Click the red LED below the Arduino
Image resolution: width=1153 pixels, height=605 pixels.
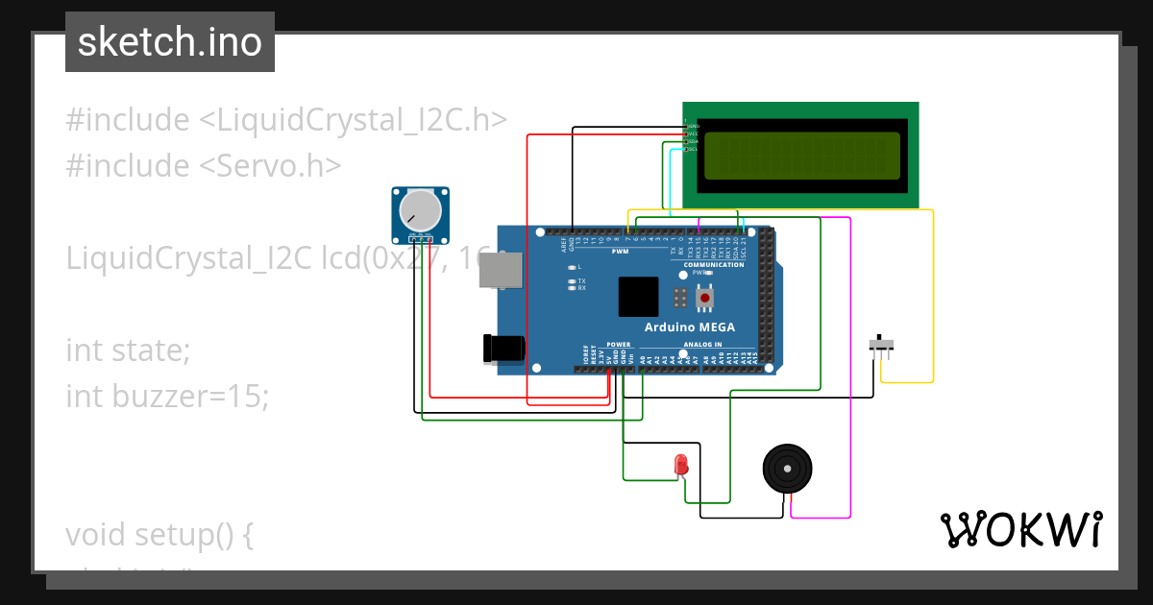point(681,465)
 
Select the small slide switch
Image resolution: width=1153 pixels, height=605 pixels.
point(881,344)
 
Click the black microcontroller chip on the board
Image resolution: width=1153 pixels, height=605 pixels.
point(638,297)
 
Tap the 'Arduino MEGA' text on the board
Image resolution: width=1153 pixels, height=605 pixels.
point(689,327)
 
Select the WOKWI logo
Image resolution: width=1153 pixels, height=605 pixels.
point(1020,529)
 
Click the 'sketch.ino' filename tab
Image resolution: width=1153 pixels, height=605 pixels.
point(170,42)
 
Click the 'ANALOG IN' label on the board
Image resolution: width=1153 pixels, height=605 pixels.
point(702,344)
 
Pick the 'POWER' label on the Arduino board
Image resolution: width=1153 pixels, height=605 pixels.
point(619,344)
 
